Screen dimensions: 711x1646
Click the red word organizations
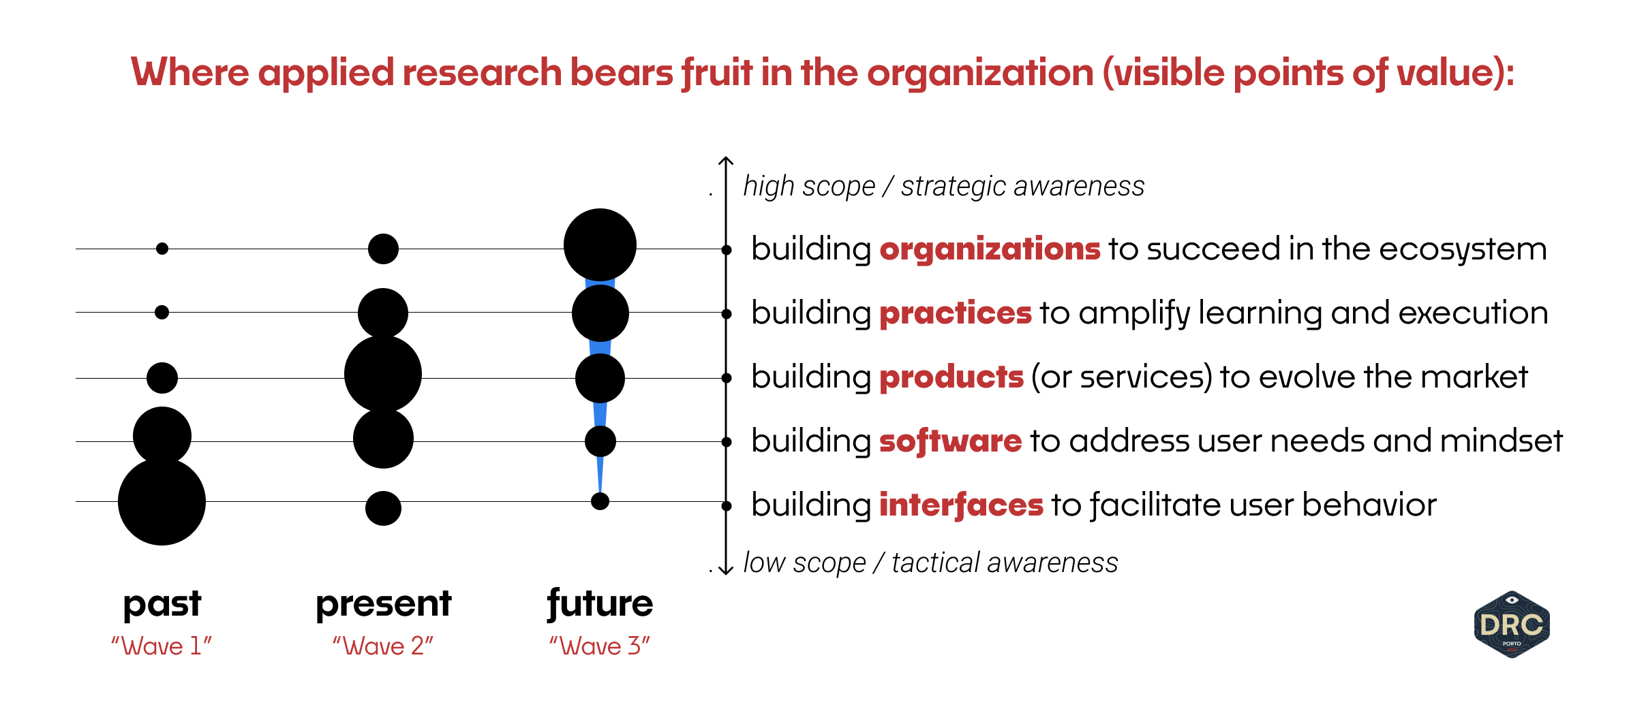point(989,249)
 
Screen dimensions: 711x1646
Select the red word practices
point(955,313)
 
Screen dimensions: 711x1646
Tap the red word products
point(951,377)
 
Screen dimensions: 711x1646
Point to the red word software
point(950,441)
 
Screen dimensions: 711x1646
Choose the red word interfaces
point(960,505)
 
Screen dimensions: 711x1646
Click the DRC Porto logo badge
point(1511,625)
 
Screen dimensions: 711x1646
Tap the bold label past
point(162,604)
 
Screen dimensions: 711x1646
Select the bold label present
point(383,604)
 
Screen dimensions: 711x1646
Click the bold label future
point(600,604)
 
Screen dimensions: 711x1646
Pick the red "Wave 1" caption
point(162,646)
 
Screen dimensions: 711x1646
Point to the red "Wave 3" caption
point(600,646)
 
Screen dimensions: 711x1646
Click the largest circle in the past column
point(162,502)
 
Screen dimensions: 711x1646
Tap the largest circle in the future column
point(600,245)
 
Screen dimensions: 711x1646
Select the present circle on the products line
point(383,374)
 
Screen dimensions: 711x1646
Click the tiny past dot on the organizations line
point(162,249)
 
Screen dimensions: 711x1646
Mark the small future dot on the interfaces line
point(600,501)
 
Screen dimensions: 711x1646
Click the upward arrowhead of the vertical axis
point(726,161)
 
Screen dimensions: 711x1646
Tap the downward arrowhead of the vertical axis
point(726,570)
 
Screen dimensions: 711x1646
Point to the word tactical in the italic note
point(934,563)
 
